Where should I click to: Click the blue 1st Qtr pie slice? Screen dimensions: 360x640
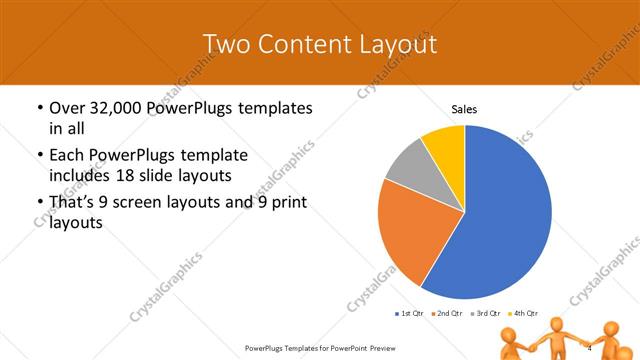[x=500, y=220]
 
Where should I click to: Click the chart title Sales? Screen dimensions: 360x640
[x=464, y=108]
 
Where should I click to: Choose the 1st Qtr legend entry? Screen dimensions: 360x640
[x=409, y=313]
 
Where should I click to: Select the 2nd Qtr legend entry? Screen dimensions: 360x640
[x=446, y=313]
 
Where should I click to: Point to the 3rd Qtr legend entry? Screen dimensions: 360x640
[x=484, y=313]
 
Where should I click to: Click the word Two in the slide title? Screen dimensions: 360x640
[x=225, y=44]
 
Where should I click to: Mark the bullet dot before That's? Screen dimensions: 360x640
[x=39, y=203]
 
